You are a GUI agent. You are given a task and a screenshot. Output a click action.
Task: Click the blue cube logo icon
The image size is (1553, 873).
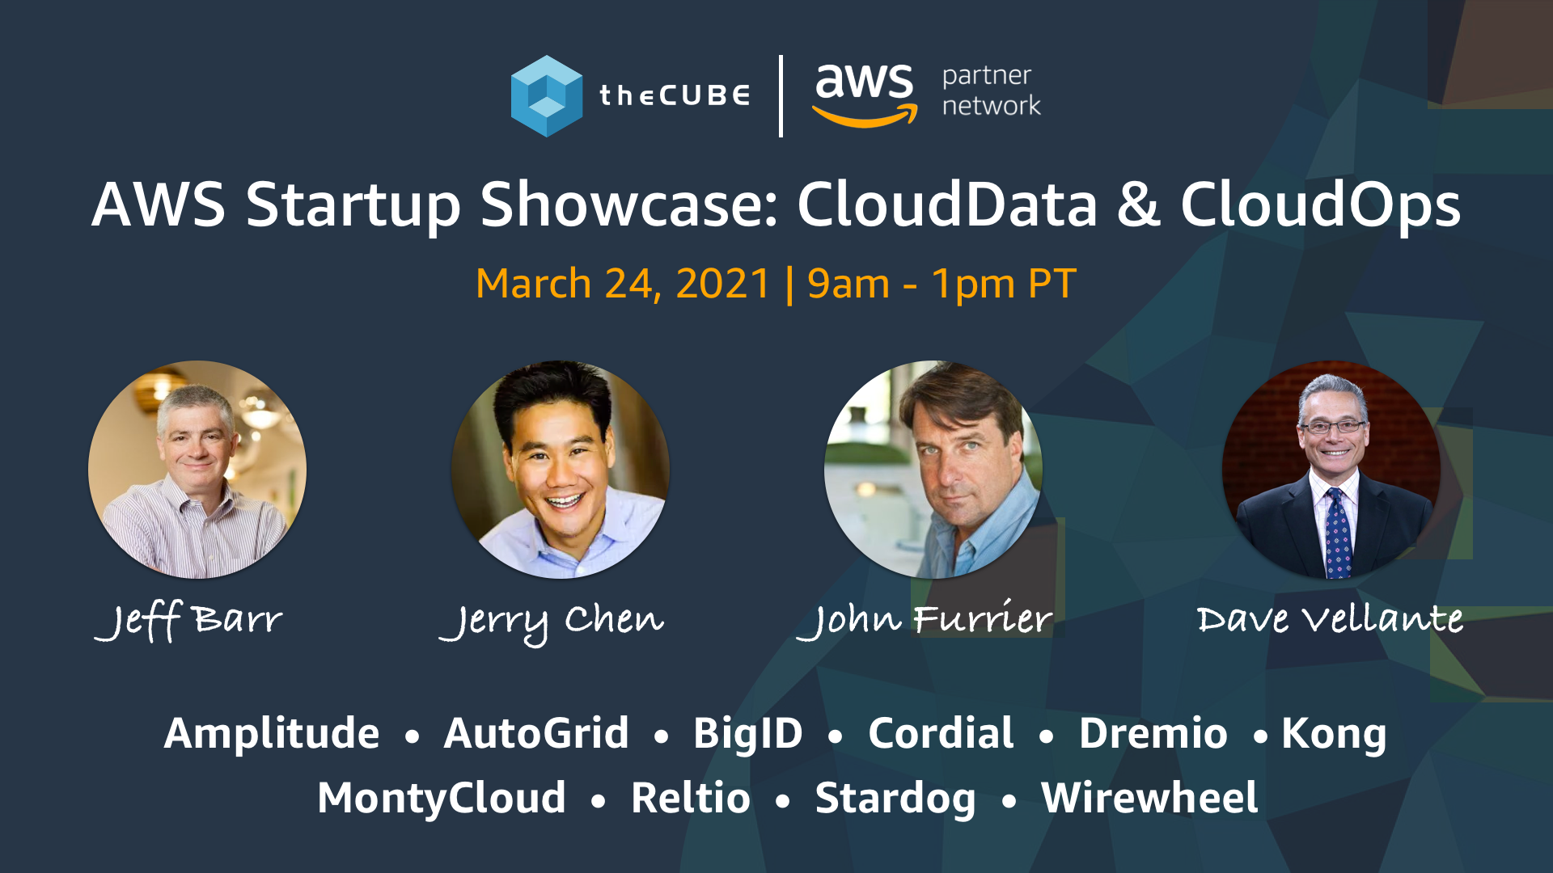click(547, 96)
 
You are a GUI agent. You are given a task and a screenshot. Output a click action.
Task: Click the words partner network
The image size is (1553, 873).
click(991, 91)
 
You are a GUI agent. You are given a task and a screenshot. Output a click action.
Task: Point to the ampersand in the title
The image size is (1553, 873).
click(1138, 205)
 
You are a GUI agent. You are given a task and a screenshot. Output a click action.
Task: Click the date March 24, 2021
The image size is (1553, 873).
click(623, 284)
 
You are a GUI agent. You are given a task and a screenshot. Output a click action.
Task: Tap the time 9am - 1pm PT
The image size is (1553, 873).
click(942, 284)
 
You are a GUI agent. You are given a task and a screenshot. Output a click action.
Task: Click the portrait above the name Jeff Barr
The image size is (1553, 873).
click(197, 470)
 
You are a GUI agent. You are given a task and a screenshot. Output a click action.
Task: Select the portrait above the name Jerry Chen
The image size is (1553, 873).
click(560, 470)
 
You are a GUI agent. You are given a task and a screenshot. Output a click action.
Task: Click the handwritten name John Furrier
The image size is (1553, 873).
click(925, 620)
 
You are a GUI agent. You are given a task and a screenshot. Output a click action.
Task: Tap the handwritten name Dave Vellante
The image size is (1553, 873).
click(1330, 620)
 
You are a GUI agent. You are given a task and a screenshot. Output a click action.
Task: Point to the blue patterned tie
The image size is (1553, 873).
click(1337, 533)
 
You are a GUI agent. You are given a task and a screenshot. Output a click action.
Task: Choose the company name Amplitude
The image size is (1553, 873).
click(272, 734)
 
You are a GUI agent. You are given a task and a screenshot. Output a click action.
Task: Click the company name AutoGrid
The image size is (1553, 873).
click(536, 734)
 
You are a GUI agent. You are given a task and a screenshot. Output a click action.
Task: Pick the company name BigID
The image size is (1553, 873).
click(747, 734)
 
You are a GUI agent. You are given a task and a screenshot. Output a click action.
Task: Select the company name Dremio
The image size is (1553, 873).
click(1153, 734)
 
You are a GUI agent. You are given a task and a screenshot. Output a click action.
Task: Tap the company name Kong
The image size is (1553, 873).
click(1334, 734)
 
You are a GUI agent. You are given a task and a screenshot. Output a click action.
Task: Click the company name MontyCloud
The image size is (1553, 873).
click(442, 799)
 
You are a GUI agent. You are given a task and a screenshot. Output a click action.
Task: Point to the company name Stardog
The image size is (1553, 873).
click(895, 799)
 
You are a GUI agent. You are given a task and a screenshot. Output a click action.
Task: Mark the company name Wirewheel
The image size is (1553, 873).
click(1149, 799)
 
